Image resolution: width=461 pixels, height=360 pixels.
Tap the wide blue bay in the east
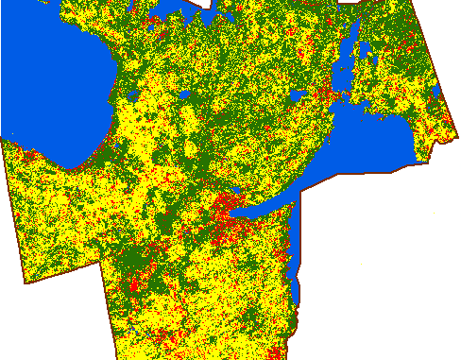378,142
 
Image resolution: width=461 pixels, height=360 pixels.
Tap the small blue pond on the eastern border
437,91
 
